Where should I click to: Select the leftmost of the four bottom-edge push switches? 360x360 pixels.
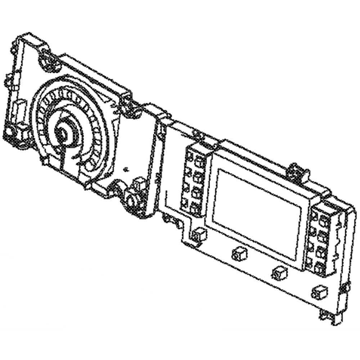(x=198, y=235)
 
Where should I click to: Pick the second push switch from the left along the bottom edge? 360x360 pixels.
(x=239, y=254)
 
